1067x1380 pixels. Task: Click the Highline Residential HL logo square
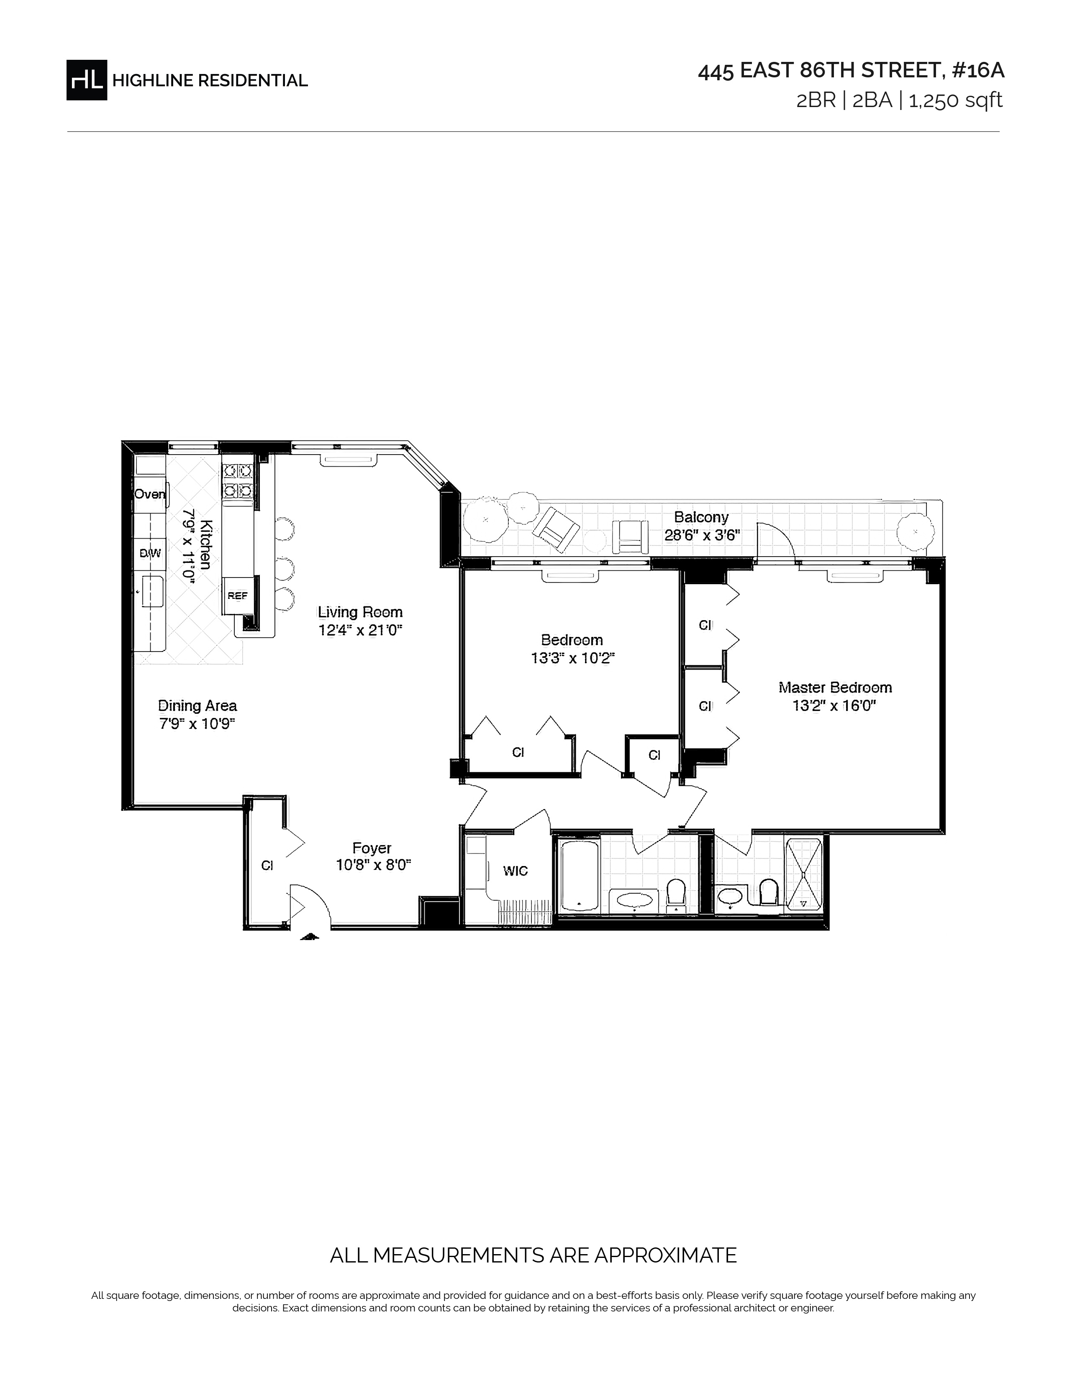[x=87, y=79]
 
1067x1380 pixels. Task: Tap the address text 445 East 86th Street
[x=820, y=71]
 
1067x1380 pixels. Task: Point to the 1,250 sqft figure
[x=956, y=100]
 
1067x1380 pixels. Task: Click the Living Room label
[x=360, y=612]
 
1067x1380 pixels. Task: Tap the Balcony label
[x=701, y=517]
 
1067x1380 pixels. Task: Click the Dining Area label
[x=197, y=706]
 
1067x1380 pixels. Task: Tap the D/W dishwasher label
[x=151, y=554]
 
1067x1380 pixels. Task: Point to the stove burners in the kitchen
[x=238, y=480]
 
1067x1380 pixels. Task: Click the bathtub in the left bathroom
[x=579, y=876]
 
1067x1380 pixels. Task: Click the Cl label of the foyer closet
[x=267, y=866]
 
